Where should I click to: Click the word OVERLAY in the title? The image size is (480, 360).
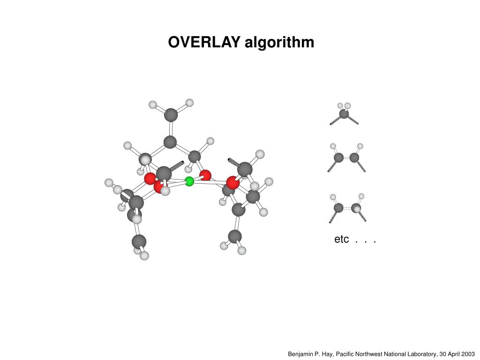click(204, 43)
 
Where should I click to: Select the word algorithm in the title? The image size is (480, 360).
click(279, 43)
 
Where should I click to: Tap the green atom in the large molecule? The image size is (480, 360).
click(189, 181)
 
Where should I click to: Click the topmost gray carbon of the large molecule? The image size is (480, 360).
click(171, 115)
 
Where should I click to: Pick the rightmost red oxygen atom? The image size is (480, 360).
click(233, 182)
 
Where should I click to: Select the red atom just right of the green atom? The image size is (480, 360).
click(205, 176)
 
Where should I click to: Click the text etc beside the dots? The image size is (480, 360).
click(341, 240)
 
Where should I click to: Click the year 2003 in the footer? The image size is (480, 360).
click(468, 354)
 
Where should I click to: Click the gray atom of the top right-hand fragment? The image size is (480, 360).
click(344, 113)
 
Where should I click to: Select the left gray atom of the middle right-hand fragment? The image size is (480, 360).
click(339, 157)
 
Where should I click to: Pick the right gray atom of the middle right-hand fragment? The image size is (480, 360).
click(354, 157)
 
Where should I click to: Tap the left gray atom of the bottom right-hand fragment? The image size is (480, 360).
click(338, 208)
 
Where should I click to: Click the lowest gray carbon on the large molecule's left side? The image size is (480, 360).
click(139, 241)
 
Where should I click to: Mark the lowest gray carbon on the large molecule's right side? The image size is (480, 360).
click(235, 236)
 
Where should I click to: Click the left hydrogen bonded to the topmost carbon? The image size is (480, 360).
click(153, 105)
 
